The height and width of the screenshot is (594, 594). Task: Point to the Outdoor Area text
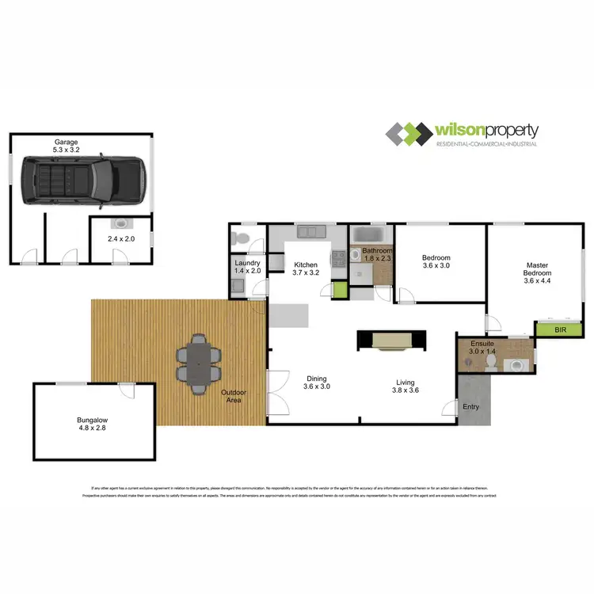click(x=232, y=396)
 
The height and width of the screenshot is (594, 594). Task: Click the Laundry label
click(x=247, y=266)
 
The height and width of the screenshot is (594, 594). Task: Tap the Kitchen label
click(x=306, y=268)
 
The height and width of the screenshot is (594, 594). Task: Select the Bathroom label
click(x=377, y=255)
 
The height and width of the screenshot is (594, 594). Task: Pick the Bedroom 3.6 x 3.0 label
click(x=436, y=262)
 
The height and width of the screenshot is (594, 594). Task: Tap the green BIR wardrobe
click(x=559, y=329)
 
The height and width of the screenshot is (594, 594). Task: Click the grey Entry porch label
click(x=471, y=406)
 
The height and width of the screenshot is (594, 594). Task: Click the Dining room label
click(x=317, y=383)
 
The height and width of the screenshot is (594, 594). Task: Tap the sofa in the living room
click(x=392, y=341)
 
